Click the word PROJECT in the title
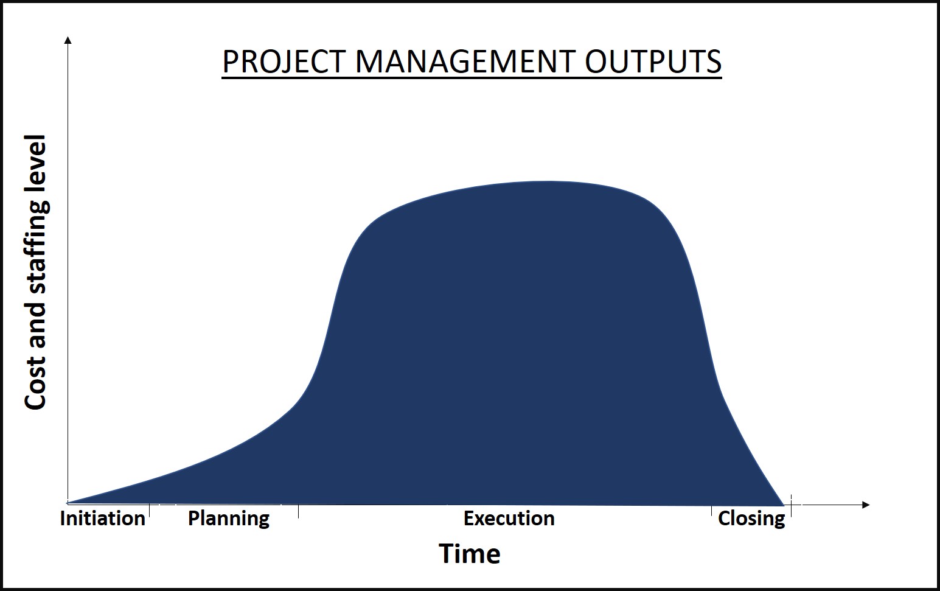[x=284, y=62]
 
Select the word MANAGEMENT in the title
[x=465, y=62]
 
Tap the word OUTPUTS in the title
[x=653, y=62]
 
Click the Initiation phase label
[x=102, y=519]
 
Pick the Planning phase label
[x=229, y=519]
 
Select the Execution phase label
[x=509, y=519]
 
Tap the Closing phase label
[x=751, y=519]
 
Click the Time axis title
[x=470, y=554]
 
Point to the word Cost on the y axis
[x=35, y=384]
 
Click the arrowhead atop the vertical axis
[x=68, y=40]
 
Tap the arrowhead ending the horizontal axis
[x=866, y=505]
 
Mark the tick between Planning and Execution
[x=298, y=511]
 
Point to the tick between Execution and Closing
[x=711, y=511]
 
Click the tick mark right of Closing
[x=791, y=506]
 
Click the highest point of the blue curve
[x=548, y=181]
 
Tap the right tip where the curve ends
[x=784, y=505]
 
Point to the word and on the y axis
[x=35, y=331]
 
